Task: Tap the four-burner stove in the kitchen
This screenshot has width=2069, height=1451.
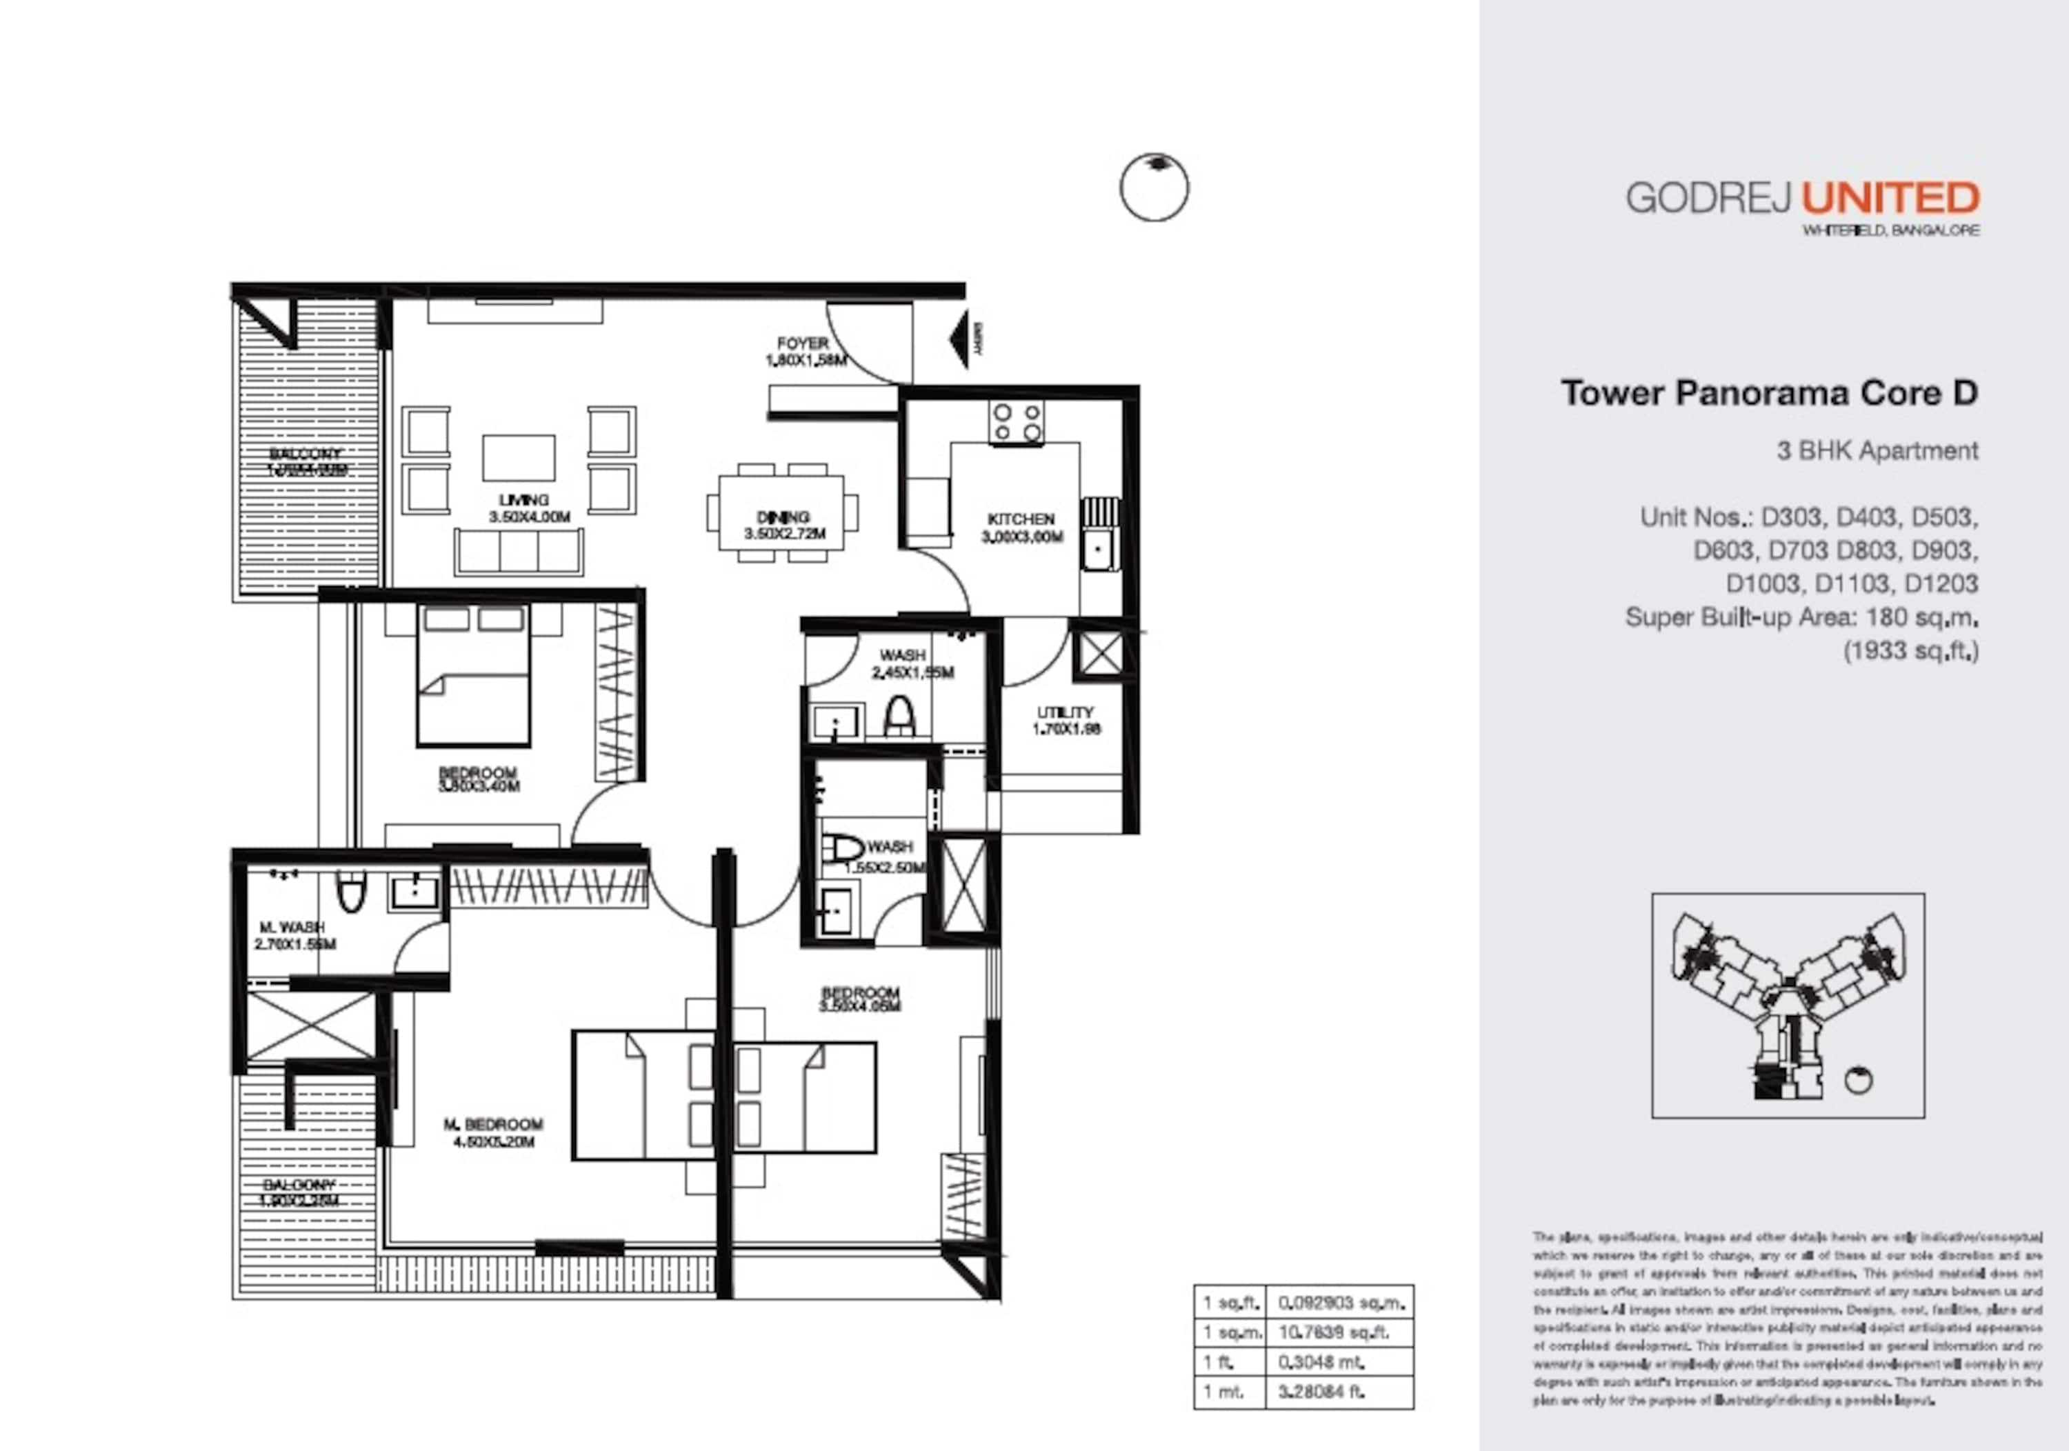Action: point(1016,423)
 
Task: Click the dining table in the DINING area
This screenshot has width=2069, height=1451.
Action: point(781,512)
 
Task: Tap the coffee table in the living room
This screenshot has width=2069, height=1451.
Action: point(518,458)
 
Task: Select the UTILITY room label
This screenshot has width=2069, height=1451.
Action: point(1065,720)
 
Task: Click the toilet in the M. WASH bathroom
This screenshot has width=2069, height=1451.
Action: point(350,892)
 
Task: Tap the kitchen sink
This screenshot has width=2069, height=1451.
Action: point(1097,550)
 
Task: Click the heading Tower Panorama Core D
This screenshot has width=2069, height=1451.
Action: point(1769,393)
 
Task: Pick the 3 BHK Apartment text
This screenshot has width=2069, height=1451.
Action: point(1877,450)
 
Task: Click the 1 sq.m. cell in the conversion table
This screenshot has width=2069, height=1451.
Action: point(1228,1332)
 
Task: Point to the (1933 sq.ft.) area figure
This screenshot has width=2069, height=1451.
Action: point(1910,651)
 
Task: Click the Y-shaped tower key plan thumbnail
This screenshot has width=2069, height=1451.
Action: point(1788,1005)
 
